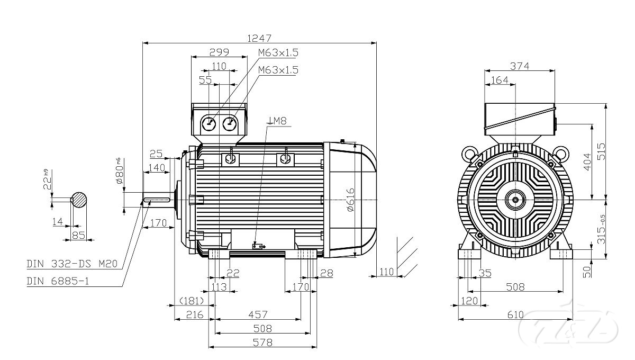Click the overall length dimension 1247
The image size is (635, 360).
point(259,38)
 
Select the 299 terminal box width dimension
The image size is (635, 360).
point(219,52)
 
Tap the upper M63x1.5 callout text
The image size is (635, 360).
point(278,52)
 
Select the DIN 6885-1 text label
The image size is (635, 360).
point(58,281)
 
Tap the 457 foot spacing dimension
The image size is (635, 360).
point(258,314)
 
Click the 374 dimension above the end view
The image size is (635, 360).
point(520,66)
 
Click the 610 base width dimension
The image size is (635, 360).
point(516,314)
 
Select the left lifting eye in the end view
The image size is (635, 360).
point(469,153)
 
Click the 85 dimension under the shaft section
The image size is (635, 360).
point(79,235)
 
